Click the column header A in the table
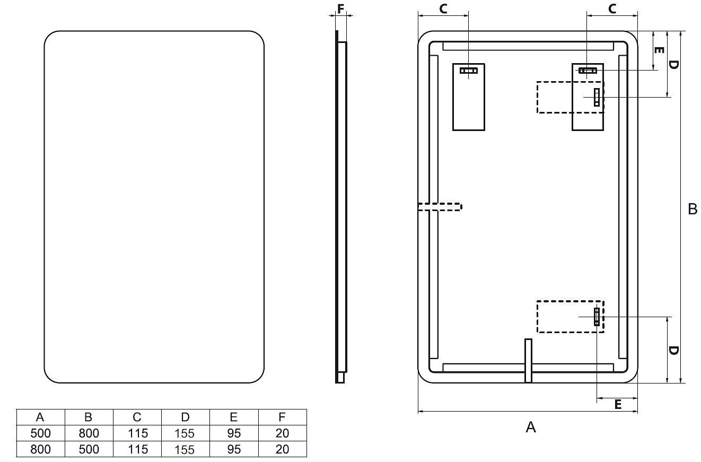tap(40, 417)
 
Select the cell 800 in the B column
tap(89, 433)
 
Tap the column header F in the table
tap(282, 417)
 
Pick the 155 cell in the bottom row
tap(185, 449)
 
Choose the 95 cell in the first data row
tap(234, 433)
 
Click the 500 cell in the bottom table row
tap(89, 449)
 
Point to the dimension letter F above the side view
tap(341, 9)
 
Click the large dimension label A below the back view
tap(531, 427)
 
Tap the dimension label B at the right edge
tap(693, 209)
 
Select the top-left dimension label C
tap(443, 9)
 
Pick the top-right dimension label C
tap(612, 9)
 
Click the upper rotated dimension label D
tap(673, 65)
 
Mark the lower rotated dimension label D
tap(673, 351)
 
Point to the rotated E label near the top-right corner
tap(659, 50)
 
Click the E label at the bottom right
tap(618, 404)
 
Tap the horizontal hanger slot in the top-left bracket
tap(468, 71)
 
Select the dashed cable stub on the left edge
tap(440, 206)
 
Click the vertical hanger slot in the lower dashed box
tap(597, 317)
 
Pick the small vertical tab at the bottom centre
tap(528, 361)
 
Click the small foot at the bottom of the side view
tap(340, 377)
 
